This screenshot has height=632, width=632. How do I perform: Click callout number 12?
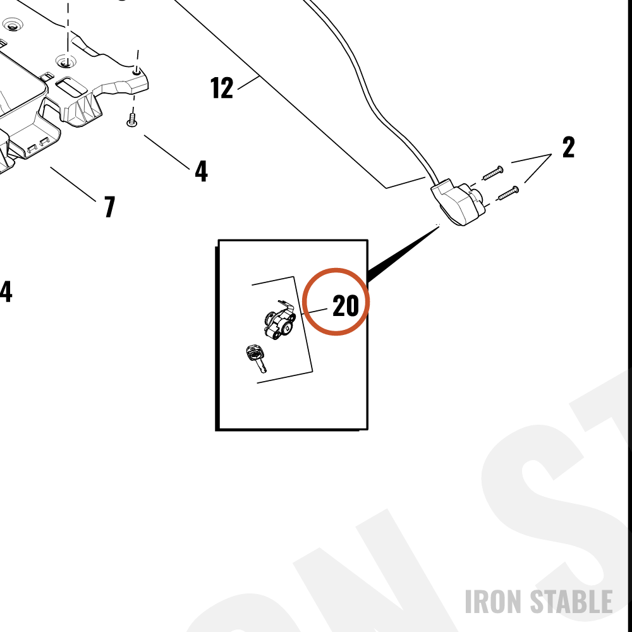(x=222, y=87)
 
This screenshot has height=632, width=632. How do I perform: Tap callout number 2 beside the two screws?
(x=568, y=147)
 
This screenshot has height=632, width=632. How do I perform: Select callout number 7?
(x=109, y=207)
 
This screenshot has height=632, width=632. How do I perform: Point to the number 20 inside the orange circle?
(x=346, y=305)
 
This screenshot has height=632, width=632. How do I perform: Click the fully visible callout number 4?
(x=201, y=171)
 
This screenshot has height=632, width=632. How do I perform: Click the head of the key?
(x=254, y=353)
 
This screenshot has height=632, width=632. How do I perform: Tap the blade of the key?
(x=262, y=367)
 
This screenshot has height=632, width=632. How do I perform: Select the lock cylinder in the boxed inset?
(x=280, y=320)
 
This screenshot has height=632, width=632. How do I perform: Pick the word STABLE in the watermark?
(x=571, y=602)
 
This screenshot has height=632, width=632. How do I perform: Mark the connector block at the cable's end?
(x=456, y=202)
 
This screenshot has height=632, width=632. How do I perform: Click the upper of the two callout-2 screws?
(x=493, y=173)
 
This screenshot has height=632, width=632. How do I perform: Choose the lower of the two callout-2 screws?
(x=508, y=193)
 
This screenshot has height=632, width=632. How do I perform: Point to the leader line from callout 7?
(x=73, y=184)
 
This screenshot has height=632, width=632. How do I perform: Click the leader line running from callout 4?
(x=167, y=152)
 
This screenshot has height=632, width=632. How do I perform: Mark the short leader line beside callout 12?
(x=248, y=82)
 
